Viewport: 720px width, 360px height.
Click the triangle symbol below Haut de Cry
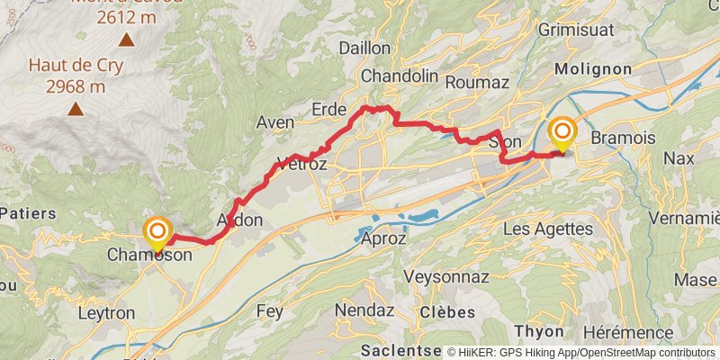76,110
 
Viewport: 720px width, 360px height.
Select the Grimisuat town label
599,29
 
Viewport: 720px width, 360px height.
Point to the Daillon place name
364,48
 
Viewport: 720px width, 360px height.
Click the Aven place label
275,122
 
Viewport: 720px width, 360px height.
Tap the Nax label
679,158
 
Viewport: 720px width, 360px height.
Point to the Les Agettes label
548,229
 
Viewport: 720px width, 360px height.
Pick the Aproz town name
382,239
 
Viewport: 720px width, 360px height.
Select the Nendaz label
364,310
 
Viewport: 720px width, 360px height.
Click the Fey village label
270,311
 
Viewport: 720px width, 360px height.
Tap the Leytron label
107,313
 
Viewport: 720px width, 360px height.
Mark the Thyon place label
538,331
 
